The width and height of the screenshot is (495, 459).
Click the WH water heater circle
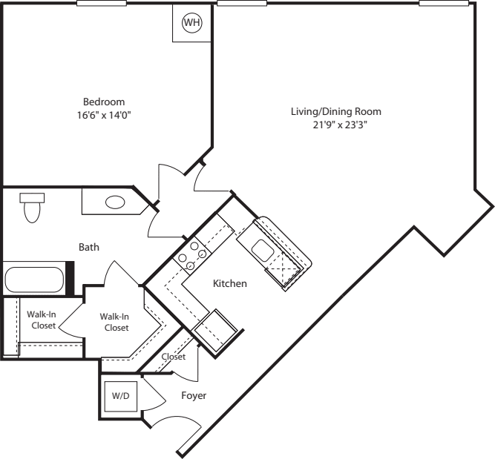pyautogui.click(x=191, y=22)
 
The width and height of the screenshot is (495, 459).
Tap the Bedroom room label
pyautogui.click(x=103, y=102)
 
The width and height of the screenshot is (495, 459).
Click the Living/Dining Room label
pyautogui.click(x=335, y=112)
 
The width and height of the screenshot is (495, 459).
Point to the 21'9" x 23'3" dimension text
pyautogui.click(x=335, y=125)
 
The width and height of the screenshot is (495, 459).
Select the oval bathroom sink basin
pyautogui.click(x=115, y=202)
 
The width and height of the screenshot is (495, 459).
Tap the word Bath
pyautogui.click(x=89, y=247)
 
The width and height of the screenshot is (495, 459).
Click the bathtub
pyautogui.click(x=36, y=280)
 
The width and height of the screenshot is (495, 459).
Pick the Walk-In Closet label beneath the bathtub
pyautogui.click(x=42, y=319)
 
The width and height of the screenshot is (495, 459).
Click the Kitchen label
pyautogui.click(x=229, y=284)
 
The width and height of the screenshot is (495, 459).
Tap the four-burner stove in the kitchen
pyautogui.click(x=190, y=255)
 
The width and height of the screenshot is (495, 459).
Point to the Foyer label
pyautogui.click(x=193, y=396)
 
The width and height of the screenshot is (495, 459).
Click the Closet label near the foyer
pyautogui.click(x=173, y=357)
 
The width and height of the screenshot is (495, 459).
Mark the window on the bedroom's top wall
pyautogui.click(x=101, y=3)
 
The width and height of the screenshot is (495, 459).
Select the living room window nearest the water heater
pyautogui.click(x=242, y=3)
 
